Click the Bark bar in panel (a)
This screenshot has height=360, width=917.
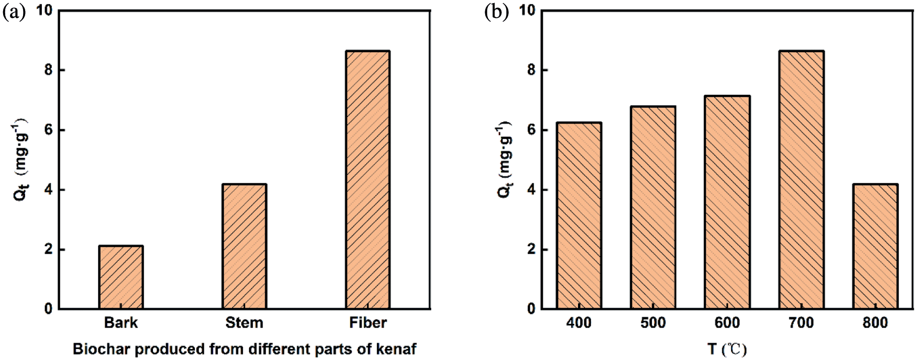click(121, 277)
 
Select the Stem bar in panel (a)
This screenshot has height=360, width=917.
click(244, 246)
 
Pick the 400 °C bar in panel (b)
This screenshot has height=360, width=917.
click(579, 215)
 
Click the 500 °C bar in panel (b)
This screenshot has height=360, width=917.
click(653, 208)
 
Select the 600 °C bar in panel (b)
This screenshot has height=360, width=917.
click(727, 202)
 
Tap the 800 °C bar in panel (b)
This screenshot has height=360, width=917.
click(875, 246)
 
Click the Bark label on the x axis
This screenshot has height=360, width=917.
click(121, 322)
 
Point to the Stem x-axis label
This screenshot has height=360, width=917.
click(244, 322)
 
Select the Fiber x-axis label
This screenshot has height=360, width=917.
click(368, 322)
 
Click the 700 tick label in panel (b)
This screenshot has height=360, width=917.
click(801, 323)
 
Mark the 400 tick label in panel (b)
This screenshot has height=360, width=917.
click(579, 323)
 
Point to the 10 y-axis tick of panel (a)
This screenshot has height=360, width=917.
click(45, 10)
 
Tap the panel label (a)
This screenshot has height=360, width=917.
click(14, 13)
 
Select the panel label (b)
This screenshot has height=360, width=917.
click(496, 13)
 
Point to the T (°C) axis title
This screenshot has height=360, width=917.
click(727, 349)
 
